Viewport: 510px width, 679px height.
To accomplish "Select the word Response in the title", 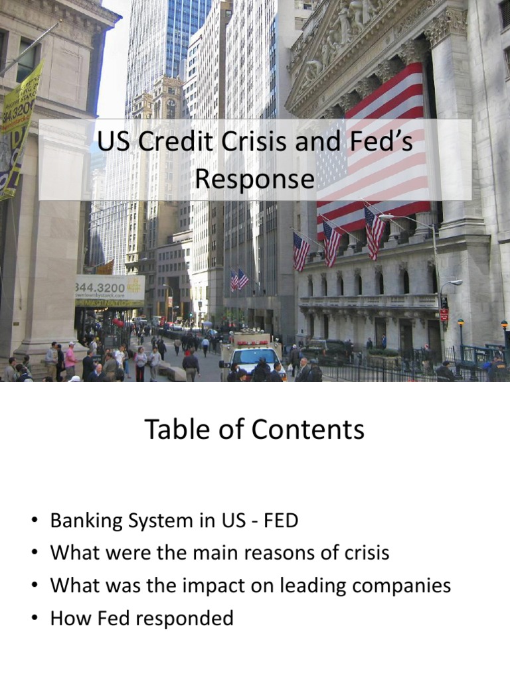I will [x=255, y=179].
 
